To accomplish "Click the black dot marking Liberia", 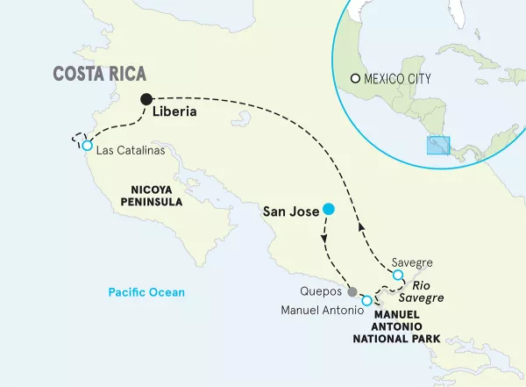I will [x=146, y=99].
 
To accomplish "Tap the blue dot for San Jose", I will [x=328, y=209].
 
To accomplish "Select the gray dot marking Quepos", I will [x=352, y=292].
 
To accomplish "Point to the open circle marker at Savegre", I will [x=398, y=276].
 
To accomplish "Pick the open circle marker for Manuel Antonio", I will [x=366, y=300].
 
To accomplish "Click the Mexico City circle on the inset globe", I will [x=355, y=78].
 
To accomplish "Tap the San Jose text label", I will [x=291, y=211].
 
